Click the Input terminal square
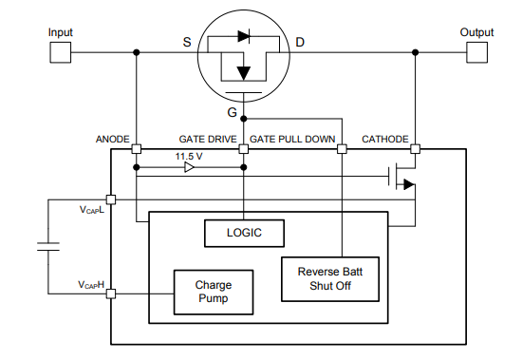tap(60, 51)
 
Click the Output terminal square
tap(477, 51)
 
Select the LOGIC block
tap(245, 232)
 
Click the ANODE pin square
tap(137, 149)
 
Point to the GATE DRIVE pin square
tap(244, 149)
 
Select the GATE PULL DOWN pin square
tap(343, 149)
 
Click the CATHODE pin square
tap(416, 149)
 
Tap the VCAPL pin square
tap(112, 199)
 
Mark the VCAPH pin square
tap(112, 294)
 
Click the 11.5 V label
tap(189, 156)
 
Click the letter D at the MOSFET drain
tap(300, 43)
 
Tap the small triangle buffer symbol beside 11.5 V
tap(189, 168)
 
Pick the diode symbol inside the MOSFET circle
tap(243, 37)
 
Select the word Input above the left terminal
tap(60, 32)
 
